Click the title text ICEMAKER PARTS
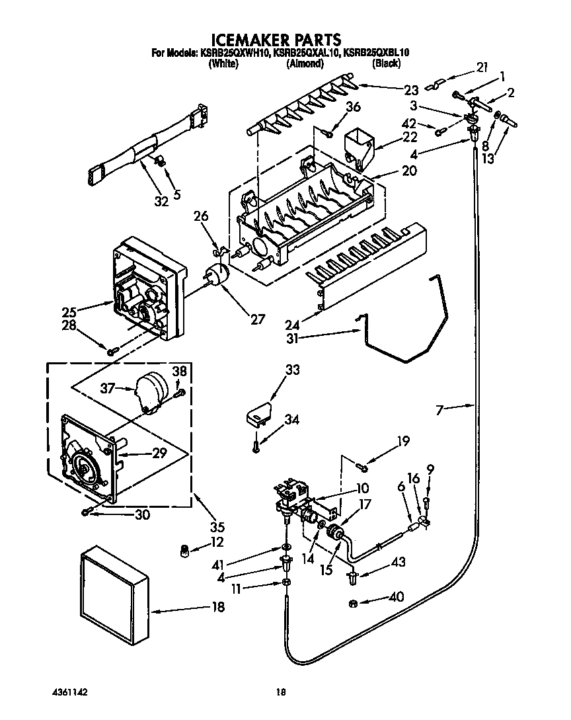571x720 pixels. tap(276, 39)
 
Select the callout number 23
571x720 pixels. tap(412, 91)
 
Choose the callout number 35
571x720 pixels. tap(217, 527)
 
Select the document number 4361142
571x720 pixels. tap(69, 692)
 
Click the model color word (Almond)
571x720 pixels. tap(305, 64)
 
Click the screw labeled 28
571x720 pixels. tap(113, 349)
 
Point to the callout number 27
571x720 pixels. tap(256, 319)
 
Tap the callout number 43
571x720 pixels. tap(398, 562)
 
